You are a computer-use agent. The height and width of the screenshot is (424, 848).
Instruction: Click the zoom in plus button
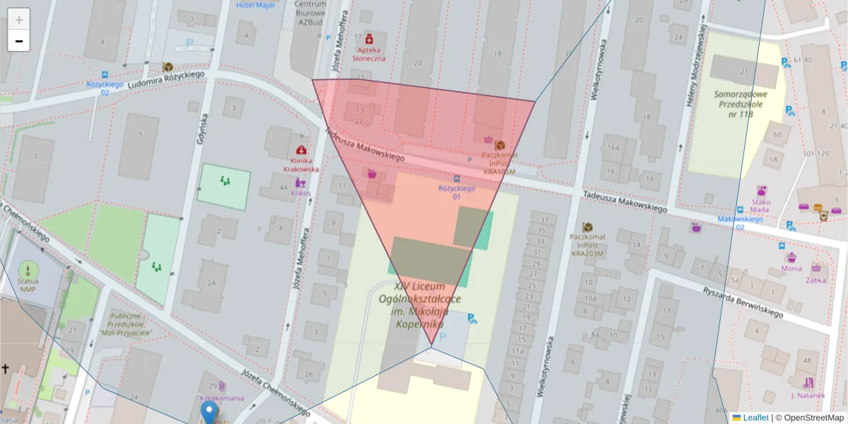[19, 19]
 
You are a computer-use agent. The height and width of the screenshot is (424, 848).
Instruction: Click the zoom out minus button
[19, 41]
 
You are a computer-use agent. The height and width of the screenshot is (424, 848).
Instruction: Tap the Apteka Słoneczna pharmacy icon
[369, 37]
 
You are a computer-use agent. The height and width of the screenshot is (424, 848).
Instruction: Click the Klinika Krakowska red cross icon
[302, 151]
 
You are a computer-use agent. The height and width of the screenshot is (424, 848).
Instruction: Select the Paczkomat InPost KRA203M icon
[587, 227]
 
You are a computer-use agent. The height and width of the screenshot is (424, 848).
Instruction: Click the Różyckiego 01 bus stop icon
[457, 178]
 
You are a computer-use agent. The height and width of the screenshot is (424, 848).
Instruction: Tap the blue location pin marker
[208, 412]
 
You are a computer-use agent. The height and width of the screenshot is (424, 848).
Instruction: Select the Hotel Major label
[255, 5]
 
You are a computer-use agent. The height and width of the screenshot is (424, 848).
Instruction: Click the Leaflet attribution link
[755, 418]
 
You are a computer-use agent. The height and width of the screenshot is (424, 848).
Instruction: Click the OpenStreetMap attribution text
[809, 418]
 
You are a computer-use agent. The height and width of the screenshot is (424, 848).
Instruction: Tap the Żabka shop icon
[816, 269]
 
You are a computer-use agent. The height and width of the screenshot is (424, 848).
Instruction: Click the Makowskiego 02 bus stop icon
[739, 209]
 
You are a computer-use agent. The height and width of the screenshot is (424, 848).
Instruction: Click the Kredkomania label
[221, 398]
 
